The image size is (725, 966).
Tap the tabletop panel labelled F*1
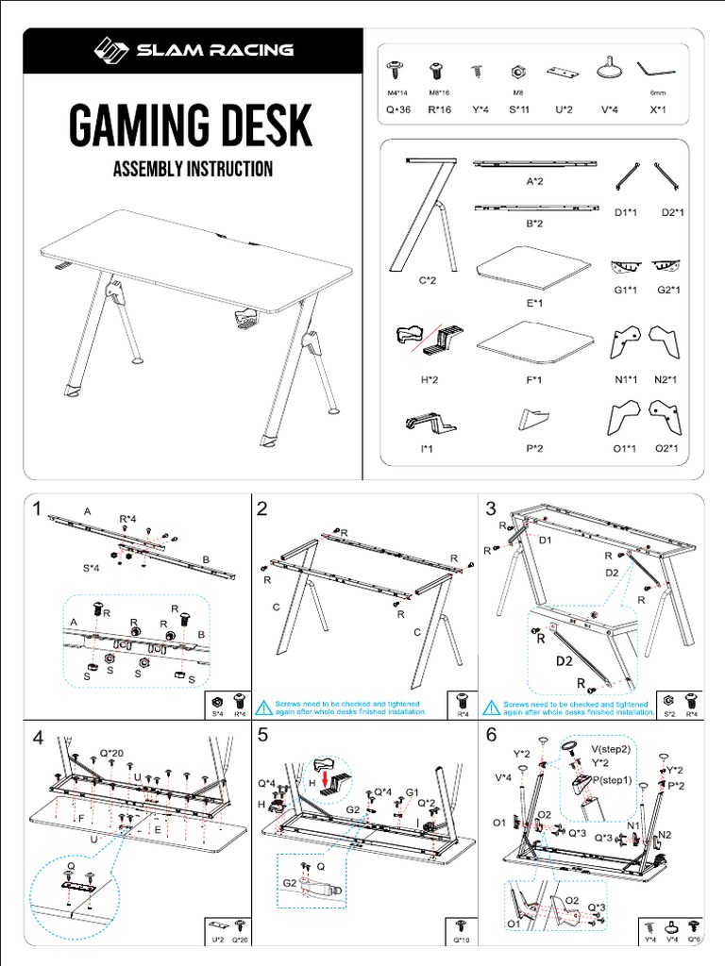click(x=535, y=340)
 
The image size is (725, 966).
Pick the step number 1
click(x=37, y=510)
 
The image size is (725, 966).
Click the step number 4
click(x=38, y=739)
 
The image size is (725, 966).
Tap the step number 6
click(x=491, y=736)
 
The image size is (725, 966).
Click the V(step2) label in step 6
click(x=615, y=748)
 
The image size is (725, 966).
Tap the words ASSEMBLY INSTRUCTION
click(x=193, y=170)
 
